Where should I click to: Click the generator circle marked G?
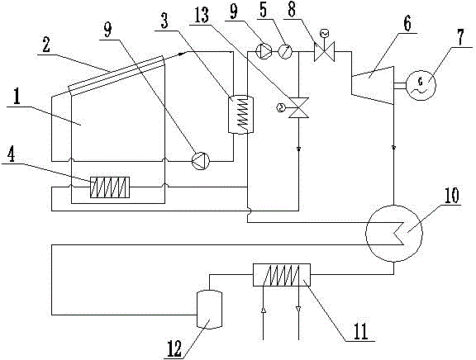point(421,85)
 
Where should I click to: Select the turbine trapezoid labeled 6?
point(373,85)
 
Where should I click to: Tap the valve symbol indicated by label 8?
point(324,51)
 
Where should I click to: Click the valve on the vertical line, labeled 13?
point(298,107)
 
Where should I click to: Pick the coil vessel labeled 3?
point(240,115)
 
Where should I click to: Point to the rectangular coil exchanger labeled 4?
point(110,187)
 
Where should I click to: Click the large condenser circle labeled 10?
point(394,233)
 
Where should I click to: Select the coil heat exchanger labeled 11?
point(282,275)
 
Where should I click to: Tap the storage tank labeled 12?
point(209,309)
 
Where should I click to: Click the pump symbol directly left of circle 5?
point(263,51)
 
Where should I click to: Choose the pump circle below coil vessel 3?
point(201,161)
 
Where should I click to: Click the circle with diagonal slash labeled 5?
point(285,51)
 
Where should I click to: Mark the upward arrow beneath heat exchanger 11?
point(263,310)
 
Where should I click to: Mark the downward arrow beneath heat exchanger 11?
point(298,309)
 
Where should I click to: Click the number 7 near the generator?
point(460,38)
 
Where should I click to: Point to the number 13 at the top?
point(202,15)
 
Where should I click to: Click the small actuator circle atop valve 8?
point(324,33)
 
